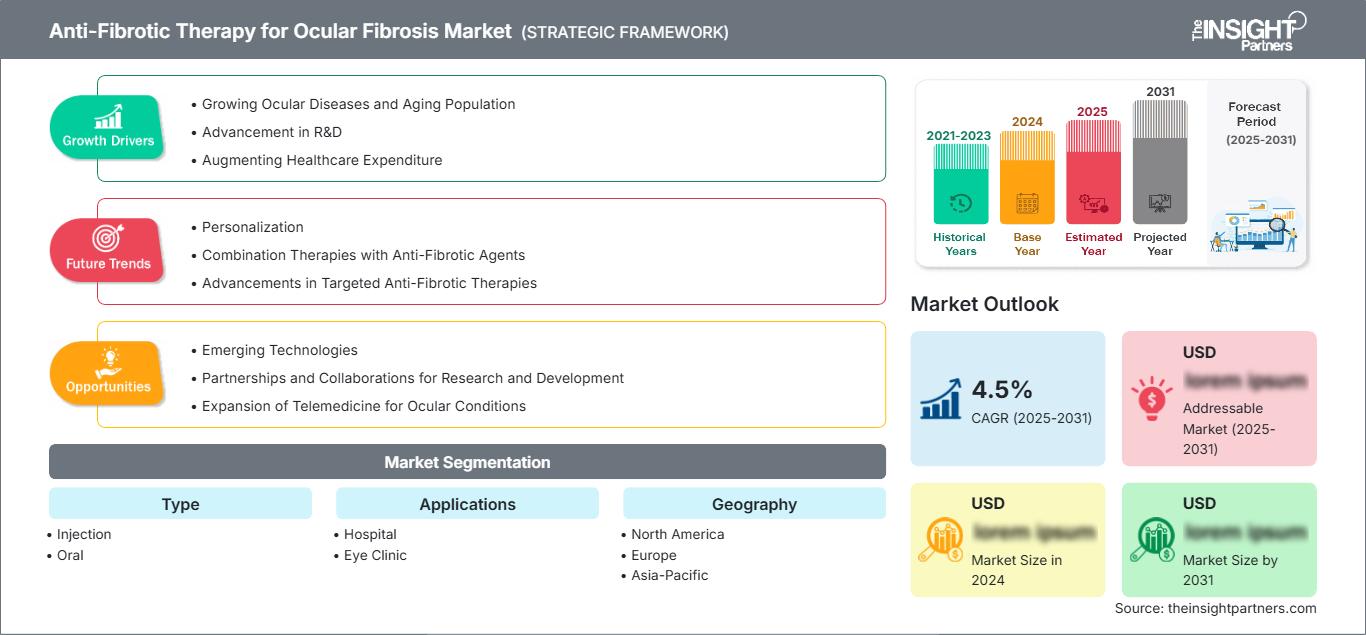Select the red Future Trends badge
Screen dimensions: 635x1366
tap(108, 250)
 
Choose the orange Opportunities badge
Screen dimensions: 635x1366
tap(108, 373)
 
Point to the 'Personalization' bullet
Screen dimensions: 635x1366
tap(252, 227)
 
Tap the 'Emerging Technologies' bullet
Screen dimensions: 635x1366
tap(279, 350)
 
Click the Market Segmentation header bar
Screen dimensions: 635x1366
tap(467, 462)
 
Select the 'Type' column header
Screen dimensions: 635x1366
tap(180, 504)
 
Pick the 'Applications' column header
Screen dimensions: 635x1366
tap(467, 504)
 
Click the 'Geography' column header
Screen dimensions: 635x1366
tap(754, 504)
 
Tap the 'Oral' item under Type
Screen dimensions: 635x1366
tap(70, 555)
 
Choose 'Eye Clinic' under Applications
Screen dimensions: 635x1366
tap(375, 555)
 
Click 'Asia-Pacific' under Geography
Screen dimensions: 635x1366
tap(669, 575)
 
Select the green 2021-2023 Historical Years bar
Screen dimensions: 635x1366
tap(961, 185)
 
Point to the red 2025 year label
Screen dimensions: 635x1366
tap(1092, 111)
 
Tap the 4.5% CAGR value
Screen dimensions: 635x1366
tap(1002, 389)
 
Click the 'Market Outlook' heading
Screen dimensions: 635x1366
tap(984, 304)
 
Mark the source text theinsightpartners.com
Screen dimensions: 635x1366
tap(1215, 608)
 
